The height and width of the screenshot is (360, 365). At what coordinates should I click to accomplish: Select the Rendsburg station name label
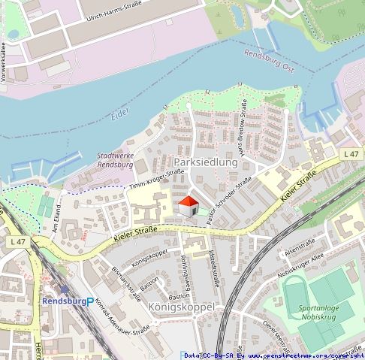[63, 301]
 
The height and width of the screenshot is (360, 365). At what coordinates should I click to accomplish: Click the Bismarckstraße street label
[123, 280]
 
